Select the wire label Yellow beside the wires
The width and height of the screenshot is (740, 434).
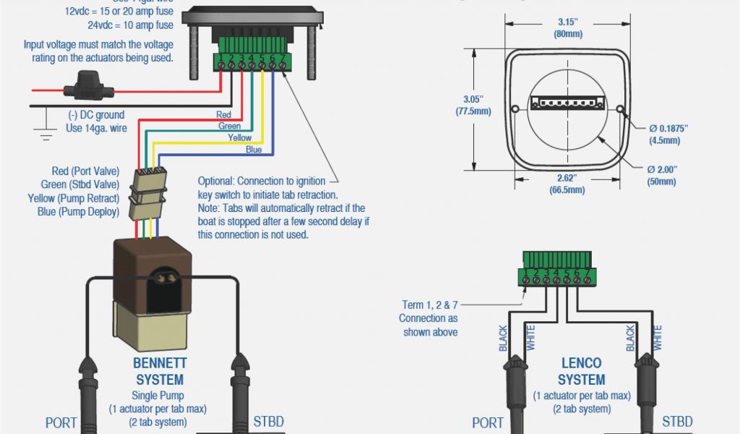240,137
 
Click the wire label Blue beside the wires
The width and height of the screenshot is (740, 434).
254,150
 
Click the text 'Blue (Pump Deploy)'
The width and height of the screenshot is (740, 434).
79,211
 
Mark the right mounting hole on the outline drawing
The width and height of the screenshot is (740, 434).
619,110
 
